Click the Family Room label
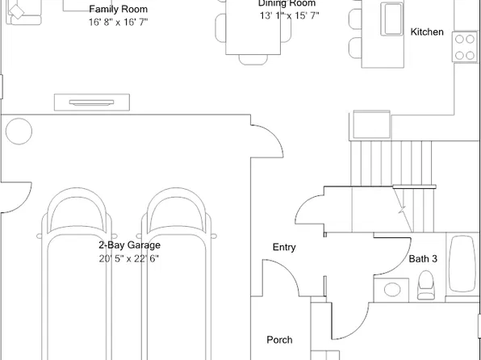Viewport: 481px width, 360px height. [x=119, y=9]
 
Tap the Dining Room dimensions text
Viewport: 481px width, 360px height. [x=289, y=15]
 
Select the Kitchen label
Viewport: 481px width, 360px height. [x=427, y=31]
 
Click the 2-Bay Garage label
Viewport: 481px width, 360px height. [x=129, y=245]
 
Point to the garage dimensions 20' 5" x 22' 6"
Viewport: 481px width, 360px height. [x=129, y=259]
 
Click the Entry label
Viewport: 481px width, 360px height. [x=284, y=247]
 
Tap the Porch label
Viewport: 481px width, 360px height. [x=279, y=340]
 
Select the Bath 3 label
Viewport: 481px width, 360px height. [x=423, y=259]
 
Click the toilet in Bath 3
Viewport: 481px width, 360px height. [x=426, y=285]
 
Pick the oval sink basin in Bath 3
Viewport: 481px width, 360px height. [x=392, y=290]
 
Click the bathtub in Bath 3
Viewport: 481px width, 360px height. [x=462, y=264]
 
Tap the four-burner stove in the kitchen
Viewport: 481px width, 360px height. [x=464, y=47]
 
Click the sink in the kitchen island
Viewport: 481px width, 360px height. [x=391, y=19]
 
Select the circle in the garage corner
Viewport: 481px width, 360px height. [x=19, y=132]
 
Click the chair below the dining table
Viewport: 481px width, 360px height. [x=253, y=60]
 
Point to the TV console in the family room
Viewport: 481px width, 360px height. [x=92, y=103]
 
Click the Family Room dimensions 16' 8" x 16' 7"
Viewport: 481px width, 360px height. [x=119, y=22]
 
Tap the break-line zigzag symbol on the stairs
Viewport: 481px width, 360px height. [x=403, y=210]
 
